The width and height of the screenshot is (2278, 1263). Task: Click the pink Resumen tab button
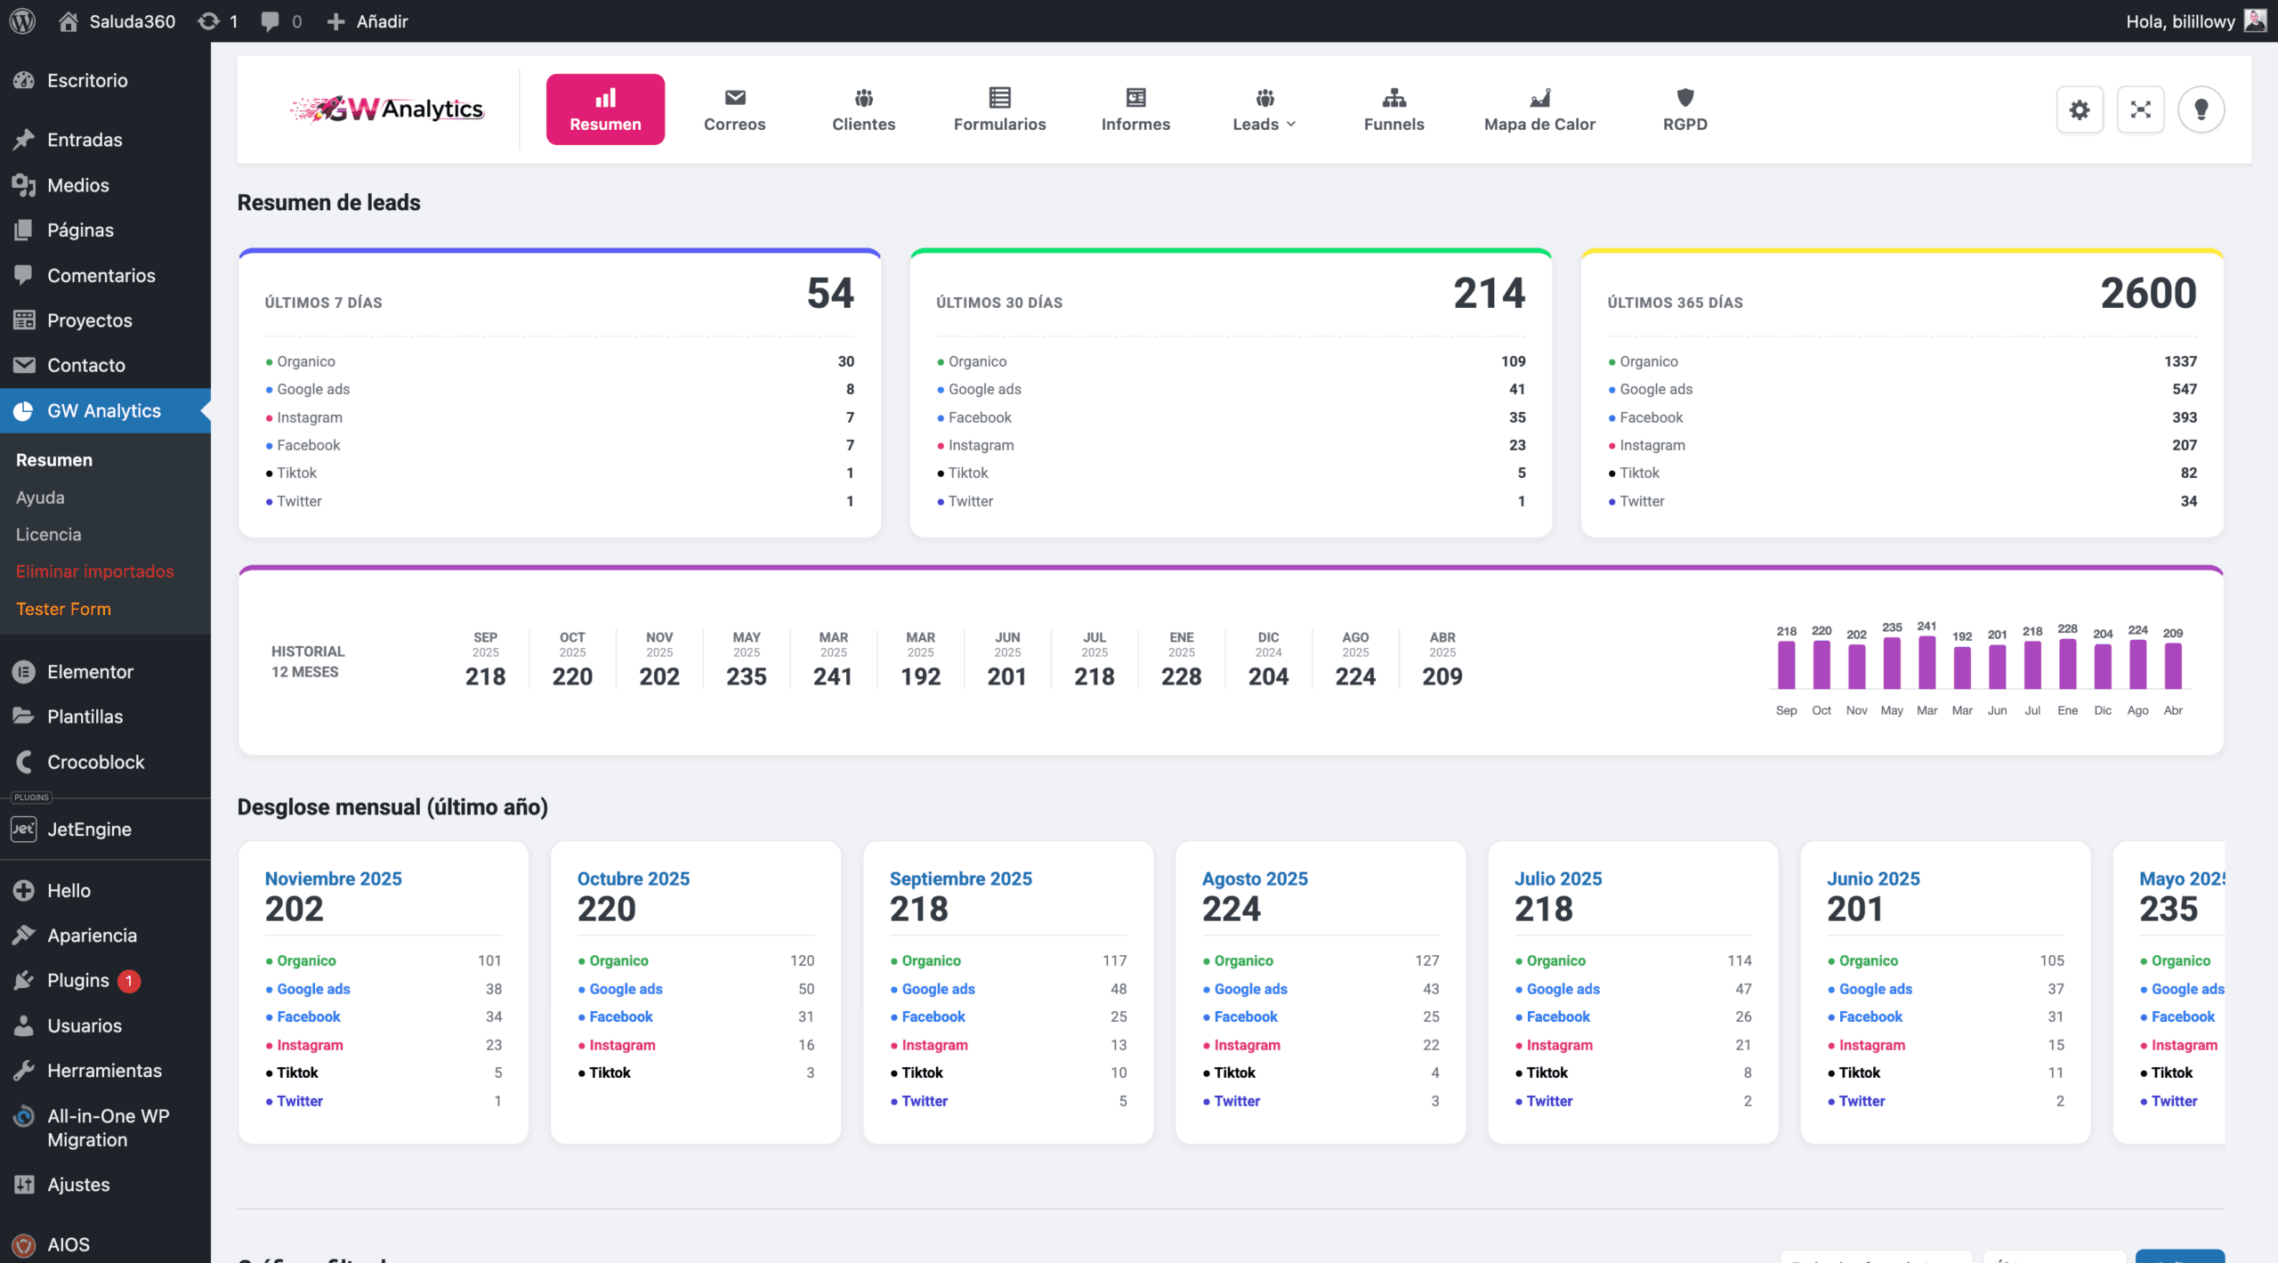[x=605, y=109]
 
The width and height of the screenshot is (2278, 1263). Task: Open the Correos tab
[x=734, y=109]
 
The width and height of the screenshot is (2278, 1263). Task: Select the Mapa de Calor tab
[x=1539, y=109]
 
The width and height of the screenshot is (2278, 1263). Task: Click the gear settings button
[x=2080, y=109]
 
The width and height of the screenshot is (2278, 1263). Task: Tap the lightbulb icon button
[x=2201, y=109]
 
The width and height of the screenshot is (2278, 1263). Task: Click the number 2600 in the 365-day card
[x=2148, y=294]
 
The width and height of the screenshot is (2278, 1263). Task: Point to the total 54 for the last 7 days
[x=830, y=294]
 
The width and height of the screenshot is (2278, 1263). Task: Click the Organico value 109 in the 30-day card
[x=1513, y=361]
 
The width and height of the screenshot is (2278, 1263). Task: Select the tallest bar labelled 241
[x=1927, y=661]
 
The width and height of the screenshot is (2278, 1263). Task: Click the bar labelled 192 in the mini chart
[x=1962, y=667]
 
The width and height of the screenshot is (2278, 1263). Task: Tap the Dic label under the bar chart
[x=2103, y=710]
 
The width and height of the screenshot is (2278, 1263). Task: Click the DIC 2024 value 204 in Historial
[x=1268, y=677]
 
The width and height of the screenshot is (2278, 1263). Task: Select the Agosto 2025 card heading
[x=1255, y=878]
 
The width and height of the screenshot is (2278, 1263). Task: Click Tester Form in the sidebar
[x=63, y=609]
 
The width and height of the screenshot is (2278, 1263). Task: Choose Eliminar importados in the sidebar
[x=94, y=571]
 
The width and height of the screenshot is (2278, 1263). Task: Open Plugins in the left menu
[x=78, y=980]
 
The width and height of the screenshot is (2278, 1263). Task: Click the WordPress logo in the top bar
[x=22, y=20]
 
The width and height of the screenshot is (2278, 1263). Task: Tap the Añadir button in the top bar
[x=368, y=20]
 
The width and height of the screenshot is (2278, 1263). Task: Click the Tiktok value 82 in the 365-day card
[x=2188, y=473]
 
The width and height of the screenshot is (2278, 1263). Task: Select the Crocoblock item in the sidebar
[x=95, y=762]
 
